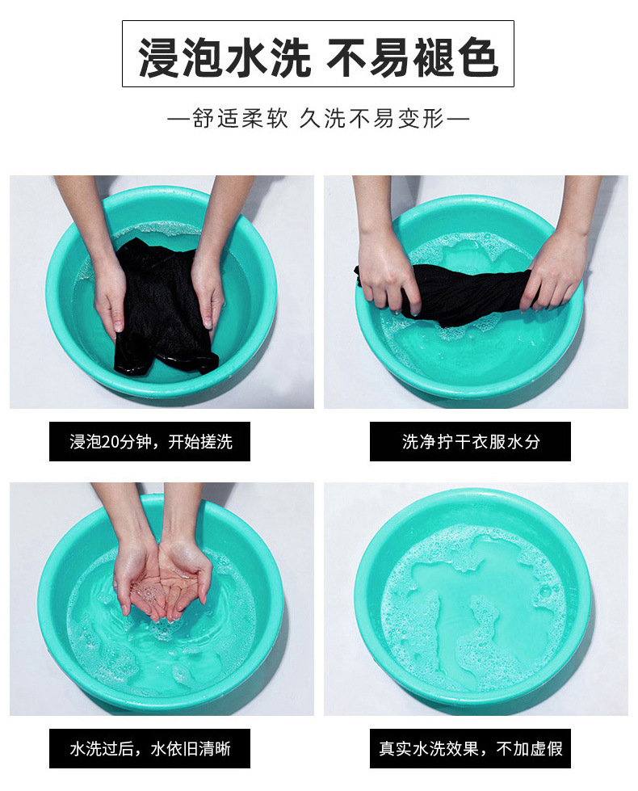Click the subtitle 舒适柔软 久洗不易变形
click(318, 119)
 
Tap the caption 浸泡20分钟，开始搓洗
click(150, 441)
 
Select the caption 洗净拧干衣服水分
click(471, 441)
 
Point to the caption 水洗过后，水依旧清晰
click(150, 748)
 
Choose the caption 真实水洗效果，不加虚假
click(471, 748)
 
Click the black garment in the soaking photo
click(162, 308)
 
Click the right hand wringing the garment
click(555, 272)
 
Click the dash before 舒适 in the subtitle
click(179, 120)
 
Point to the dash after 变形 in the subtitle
click(458, 120)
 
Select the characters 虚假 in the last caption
click(547, 748)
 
